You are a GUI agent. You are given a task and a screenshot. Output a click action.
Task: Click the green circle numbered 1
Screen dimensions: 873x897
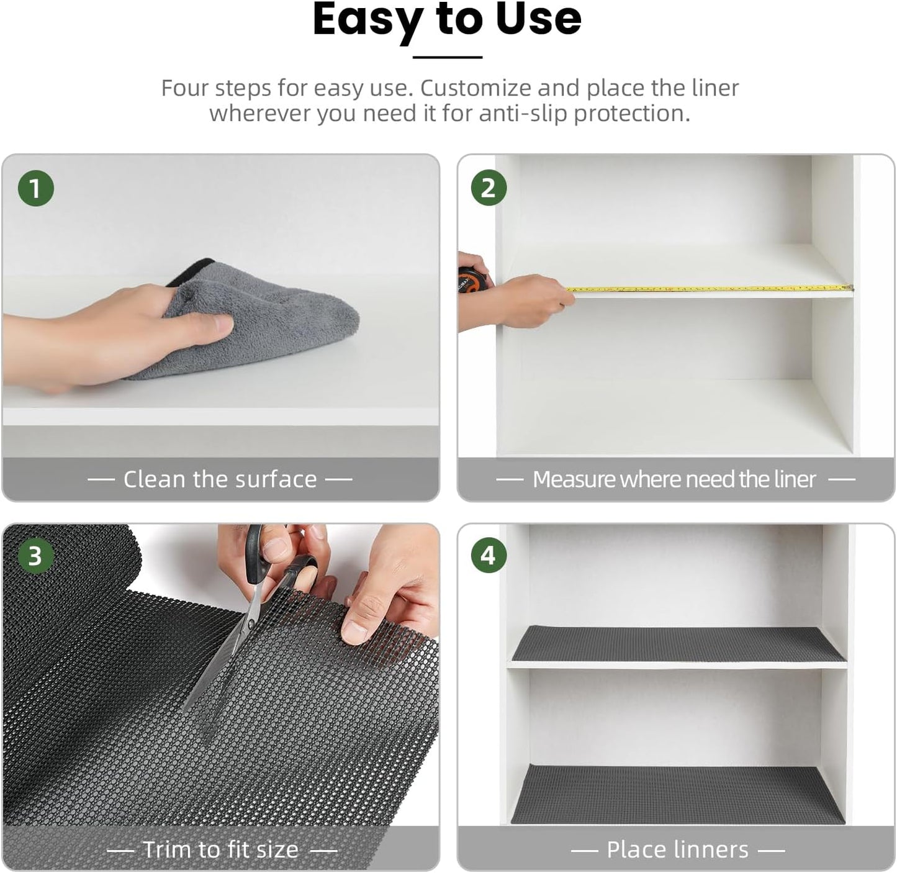point(35,188)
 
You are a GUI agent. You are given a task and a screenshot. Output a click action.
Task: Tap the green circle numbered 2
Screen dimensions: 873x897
point(489,188)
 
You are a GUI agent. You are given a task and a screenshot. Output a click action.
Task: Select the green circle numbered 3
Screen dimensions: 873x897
point(35,556)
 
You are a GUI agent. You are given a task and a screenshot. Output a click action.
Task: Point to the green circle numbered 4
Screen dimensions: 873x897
point(489,556)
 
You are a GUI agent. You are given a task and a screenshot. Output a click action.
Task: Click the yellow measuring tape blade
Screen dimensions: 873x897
point(708,289)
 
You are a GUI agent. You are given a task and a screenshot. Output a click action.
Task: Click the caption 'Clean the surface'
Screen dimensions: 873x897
point(220,479)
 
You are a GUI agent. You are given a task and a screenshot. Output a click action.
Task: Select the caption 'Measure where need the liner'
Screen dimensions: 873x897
point(674,479)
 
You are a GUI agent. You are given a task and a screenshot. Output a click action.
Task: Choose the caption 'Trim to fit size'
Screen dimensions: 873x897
point(221,849)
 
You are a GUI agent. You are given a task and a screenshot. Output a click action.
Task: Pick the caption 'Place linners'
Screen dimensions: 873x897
point(677,849)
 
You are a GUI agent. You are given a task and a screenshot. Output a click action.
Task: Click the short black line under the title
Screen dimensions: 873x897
point(447,57)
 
